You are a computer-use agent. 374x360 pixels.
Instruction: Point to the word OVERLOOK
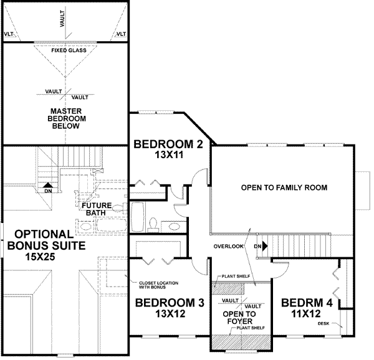click(228, 247)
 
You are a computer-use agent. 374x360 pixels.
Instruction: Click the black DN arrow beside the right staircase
click(264, 247)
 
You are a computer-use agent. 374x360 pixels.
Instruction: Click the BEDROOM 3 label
click(170, 303)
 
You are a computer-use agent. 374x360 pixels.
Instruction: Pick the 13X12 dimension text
click(170, 315)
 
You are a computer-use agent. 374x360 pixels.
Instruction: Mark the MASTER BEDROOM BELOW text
click(65, 118)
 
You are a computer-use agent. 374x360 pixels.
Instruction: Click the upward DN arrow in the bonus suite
click(47, 185)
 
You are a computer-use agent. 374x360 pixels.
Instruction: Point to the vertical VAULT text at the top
click(62, 21)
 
